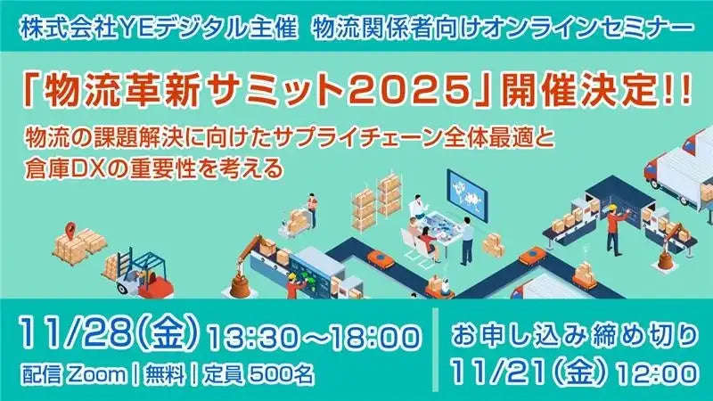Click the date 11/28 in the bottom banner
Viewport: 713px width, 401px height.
click(66, 334)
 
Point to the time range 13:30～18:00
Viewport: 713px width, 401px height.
click(313, 338)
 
